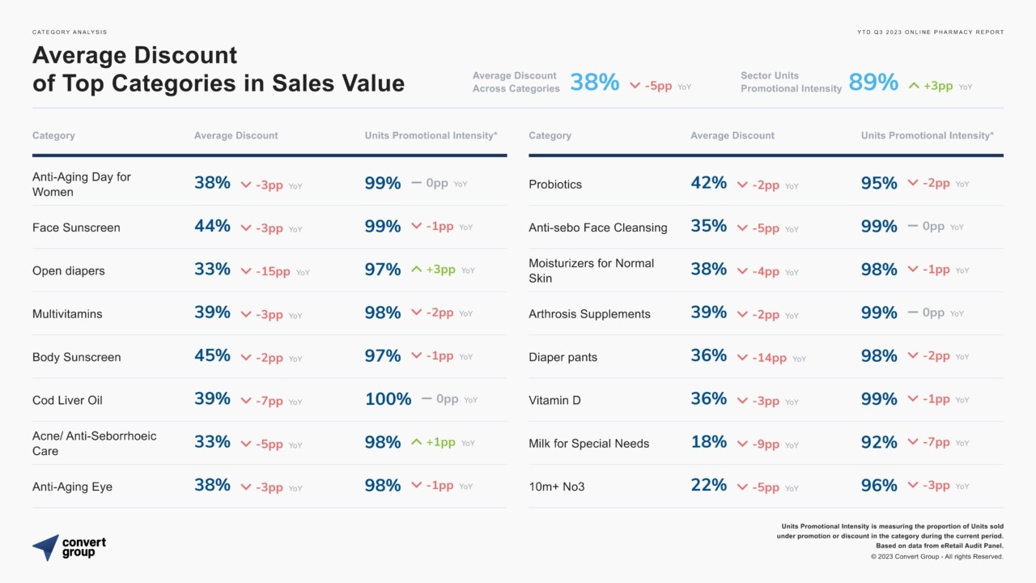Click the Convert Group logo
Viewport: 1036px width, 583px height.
(69, 547)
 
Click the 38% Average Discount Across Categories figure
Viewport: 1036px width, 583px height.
(595, 82)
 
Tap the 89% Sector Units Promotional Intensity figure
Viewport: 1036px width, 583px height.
(873, 82)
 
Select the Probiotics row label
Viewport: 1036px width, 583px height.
(555, 185)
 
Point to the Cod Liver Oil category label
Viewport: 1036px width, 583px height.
(67, 400)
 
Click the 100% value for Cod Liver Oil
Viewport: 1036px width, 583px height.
(388, 399)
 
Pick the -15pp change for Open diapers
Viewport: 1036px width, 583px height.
(273, 271)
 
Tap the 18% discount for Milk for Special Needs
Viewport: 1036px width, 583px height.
(708, 442)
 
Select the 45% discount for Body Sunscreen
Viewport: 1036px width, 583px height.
(212, 355)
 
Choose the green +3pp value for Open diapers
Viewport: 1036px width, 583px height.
(440, 270)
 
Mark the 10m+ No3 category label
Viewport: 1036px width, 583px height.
(557, 487)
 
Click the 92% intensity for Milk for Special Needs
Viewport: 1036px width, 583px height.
(879, 442)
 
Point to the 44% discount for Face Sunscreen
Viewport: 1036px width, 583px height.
(212, 226)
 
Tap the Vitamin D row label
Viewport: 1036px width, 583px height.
(554, 400)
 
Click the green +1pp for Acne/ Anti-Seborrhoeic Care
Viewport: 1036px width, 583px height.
(440, 442)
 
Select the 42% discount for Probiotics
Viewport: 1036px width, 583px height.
(708, 183)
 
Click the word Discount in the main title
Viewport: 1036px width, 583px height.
(186, 55)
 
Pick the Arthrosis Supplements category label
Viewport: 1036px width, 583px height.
(589, 314)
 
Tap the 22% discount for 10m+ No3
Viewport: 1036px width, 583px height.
(708, 485)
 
